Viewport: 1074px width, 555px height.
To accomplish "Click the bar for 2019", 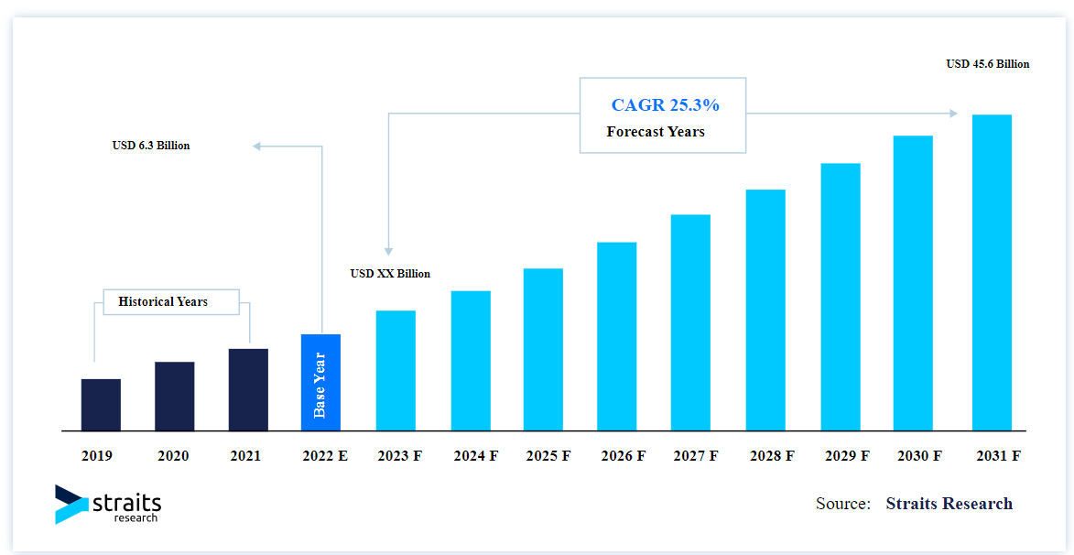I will point(101,405).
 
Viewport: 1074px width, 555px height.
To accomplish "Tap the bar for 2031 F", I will point(992,272).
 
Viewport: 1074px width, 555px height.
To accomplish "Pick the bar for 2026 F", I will point(617,336).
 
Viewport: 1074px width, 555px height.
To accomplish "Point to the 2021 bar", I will point(248,389).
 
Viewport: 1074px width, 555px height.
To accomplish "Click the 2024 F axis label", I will point(475,455).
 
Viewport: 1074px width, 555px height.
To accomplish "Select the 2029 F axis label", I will point(847,455).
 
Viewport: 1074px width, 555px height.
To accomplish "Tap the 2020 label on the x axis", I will point(174,455).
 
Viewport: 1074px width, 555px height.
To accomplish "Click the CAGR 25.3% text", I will point(665,105).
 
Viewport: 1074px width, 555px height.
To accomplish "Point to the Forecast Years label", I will point(656,132).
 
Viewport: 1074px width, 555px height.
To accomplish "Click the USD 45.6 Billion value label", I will point(987,64).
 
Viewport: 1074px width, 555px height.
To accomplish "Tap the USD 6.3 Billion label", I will point(151,146).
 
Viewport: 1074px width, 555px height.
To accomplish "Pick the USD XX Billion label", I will point(390,274).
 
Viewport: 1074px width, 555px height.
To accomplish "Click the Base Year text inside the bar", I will point(320,385).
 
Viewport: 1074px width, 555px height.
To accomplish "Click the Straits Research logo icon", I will point(71,504).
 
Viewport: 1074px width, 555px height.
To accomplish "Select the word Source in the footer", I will point(842,504).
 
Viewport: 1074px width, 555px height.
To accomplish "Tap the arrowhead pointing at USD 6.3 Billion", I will point(257,146).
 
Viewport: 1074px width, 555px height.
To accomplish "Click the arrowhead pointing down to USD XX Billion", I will point(388,251).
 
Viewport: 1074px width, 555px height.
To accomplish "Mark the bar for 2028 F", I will point(765,310).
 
